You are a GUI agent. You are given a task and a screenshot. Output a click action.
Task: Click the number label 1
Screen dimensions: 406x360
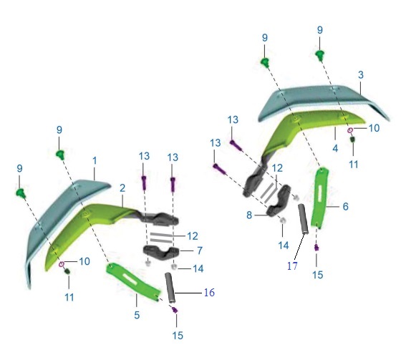[95, 161]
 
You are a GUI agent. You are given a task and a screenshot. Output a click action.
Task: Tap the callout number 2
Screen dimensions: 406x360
[122, 188]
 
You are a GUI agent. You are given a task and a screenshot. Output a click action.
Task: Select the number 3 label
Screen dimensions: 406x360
[361, 75]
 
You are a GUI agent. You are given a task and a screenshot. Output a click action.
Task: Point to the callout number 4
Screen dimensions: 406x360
[335, 149]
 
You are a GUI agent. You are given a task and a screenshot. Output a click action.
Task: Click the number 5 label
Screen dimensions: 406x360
[137, 315]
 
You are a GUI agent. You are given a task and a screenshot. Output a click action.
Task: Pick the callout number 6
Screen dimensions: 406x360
[345, 207]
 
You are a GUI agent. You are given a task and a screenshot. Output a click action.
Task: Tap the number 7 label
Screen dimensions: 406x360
[200, 250]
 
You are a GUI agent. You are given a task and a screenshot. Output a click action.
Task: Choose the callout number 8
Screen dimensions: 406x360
[249, 215]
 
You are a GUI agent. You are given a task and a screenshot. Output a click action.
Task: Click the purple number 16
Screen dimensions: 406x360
[209, 293]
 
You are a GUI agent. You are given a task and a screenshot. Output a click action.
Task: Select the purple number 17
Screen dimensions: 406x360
[292, 266]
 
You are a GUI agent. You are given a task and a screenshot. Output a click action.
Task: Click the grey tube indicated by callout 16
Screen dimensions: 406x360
[170, 288]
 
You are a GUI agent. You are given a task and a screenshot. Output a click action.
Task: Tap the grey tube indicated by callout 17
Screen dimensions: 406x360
[304, 219]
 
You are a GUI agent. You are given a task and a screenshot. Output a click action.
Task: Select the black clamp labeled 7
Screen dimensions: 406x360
[161, 253]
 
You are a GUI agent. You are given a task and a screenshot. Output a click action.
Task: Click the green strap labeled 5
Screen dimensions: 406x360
[134, 282]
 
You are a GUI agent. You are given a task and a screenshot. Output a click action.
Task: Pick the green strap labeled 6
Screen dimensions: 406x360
[320, 198]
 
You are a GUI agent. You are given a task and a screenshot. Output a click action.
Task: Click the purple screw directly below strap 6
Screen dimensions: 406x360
[316, 248]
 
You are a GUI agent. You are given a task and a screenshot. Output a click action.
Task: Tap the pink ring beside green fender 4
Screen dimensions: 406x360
[350, 130]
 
